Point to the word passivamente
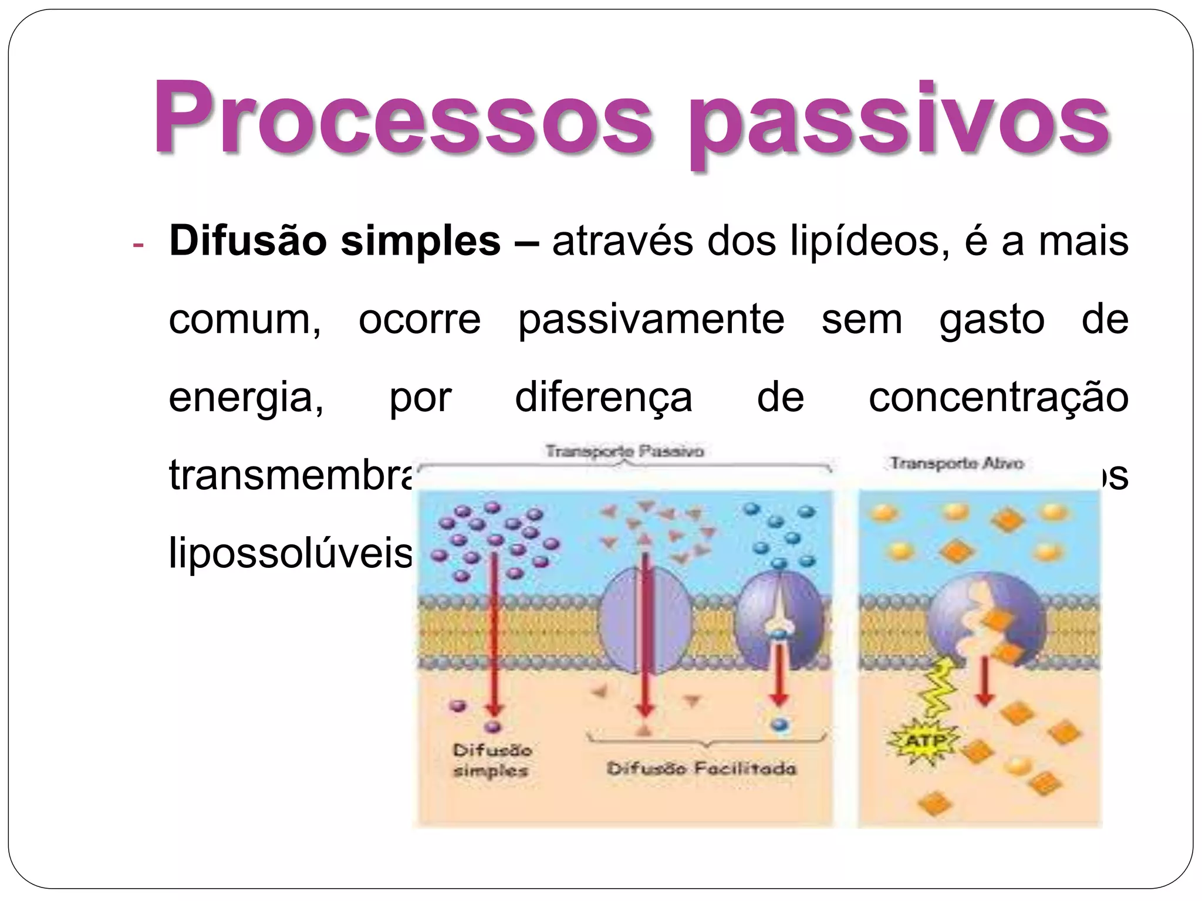click(x=651, y=320)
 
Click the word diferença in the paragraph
click(x=603, y=398)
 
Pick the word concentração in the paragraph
click(x=998, y=398)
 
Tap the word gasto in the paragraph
click(x=992, y=320)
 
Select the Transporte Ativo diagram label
click(x=957, y=463)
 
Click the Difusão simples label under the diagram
click(x=492, y=760)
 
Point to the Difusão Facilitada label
click(x=701, y=768)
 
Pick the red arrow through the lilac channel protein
click(x=645, y=634)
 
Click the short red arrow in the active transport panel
click(x=984, y=680)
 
